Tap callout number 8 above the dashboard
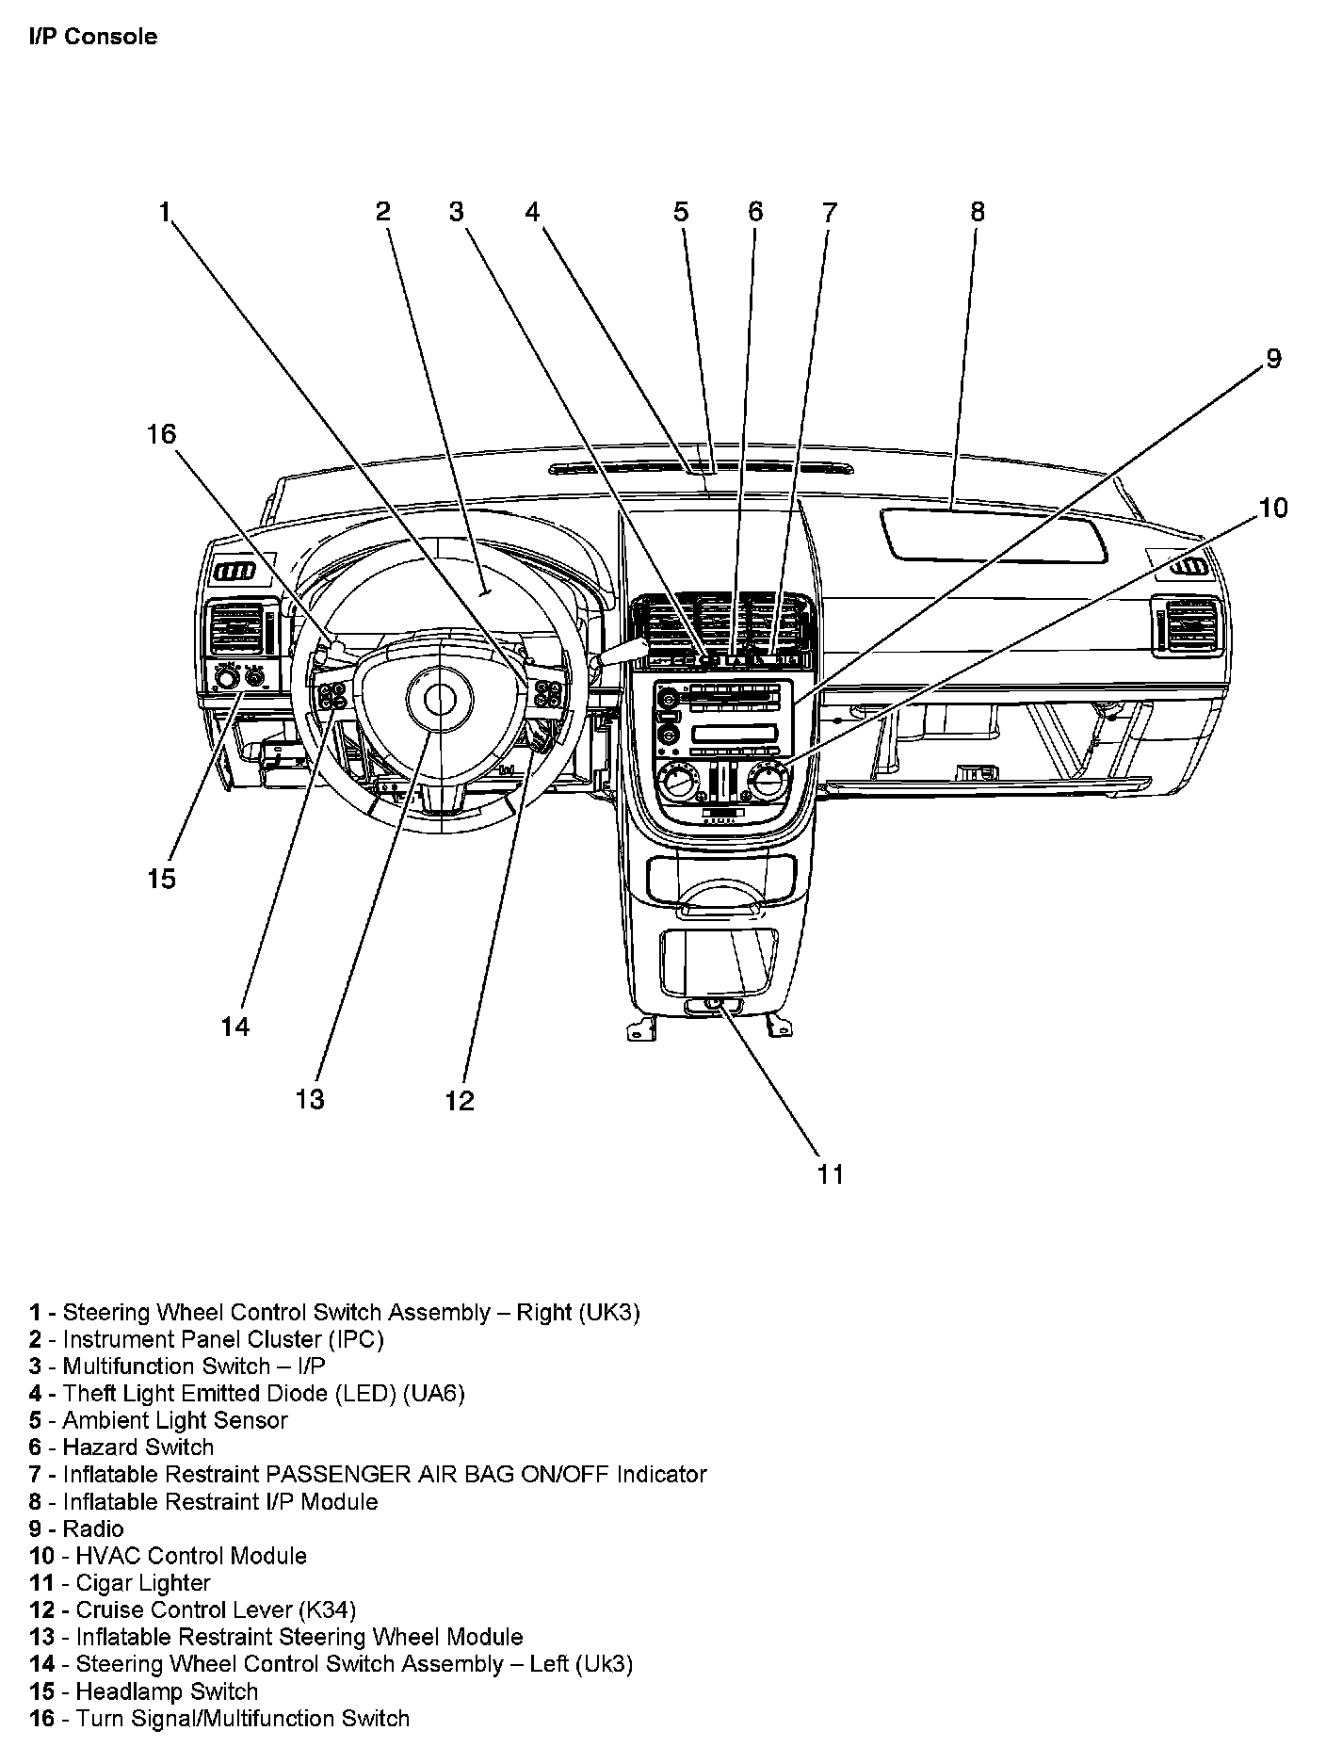[x=977, y=212]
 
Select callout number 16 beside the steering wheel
[x=161, y=434]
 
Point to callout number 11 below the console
[x=830, y=1174]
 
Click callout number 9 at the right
[x=1272, y=359]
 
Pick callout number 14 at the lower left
[x=235, y=1026]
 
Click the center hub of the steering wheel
[x=438, y=699]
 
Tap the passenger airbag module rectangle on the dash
[x=992, y=537]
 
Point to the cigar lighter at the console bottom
[x=713, y=1004]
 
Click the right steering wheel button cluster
[x=548, y=695]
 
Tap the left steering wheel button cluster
[x=331, y=697]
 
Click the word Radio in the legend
[x=93, y=1528]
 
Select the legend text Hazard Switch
[x=138, y=1447]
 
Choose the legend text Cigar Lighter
[x=143, y=1583]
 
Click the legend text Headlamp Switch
[x=167, y=1691]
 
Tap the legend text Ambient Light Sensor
[x=175, y=1420]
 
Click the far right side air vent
[x=1191, y=626]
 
